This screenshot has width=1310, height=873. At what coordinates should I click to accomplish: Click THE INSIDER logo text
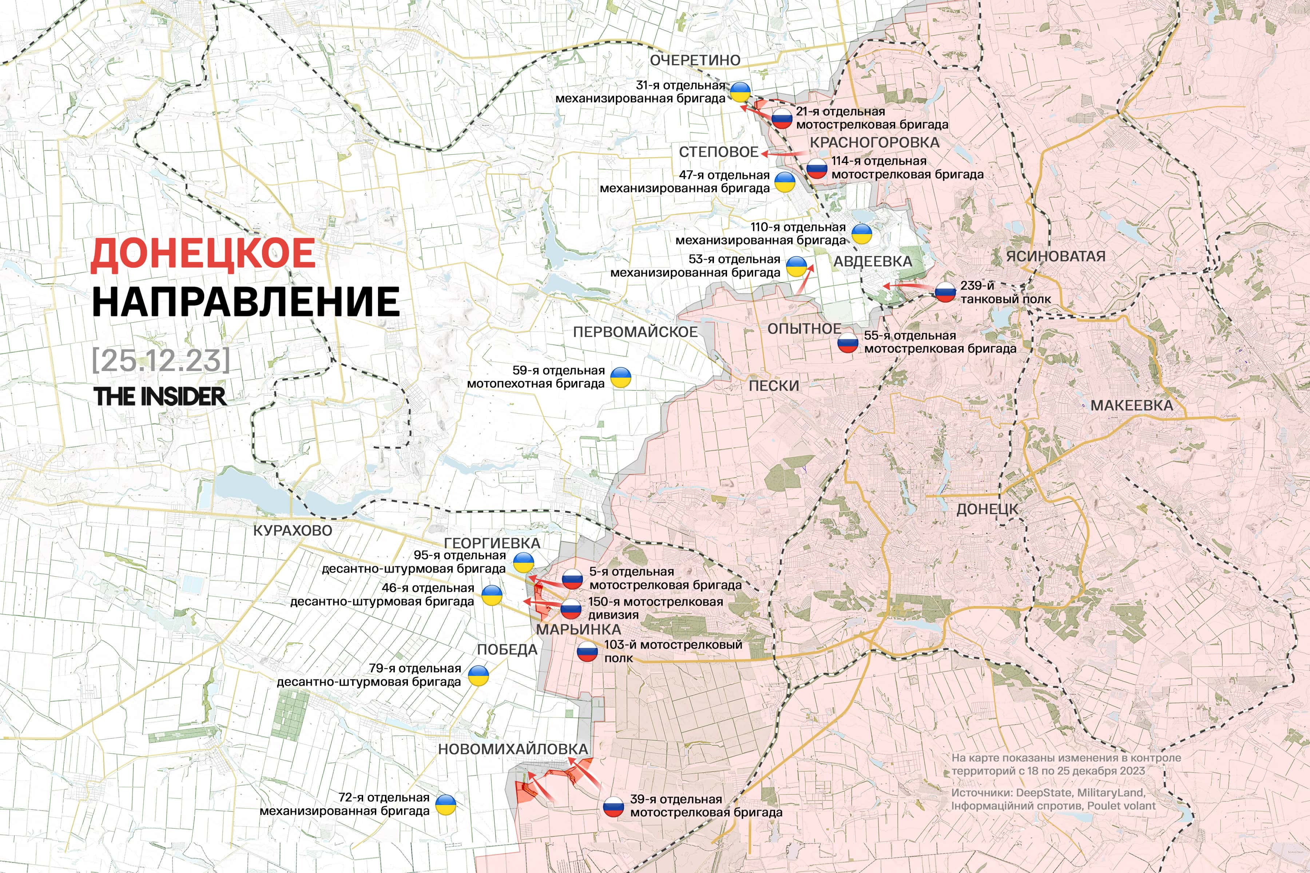(160, 396)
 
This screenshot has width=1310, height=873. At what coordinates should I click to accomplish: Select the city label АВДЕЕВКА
(872, 262)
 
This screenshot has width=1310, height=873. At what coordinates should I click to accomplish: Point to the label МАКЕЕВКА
(1131, 406)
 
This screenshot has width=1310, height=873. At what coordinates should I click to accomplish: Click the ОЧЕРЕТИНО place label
(695, 60)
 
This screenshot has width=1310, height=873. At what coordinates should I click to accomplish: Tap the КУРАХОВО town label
(293, 531)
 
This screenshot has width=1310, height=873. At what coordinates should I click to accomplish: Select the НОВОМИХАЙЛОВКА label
(513, 749)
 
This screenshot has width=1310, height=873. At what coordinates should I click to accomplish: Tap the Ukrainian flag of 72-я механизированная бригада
(445, 805)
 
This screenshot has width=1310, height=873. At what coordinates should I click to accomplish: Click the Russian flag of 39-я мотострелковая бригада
(613, 807)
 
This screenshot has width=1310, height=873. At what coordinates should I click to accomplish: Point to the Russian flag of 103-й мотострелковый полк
(587, 651)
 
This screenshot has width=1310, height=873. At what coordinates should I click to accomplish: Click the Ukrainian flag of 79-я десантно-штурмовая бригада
(478, 676)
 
